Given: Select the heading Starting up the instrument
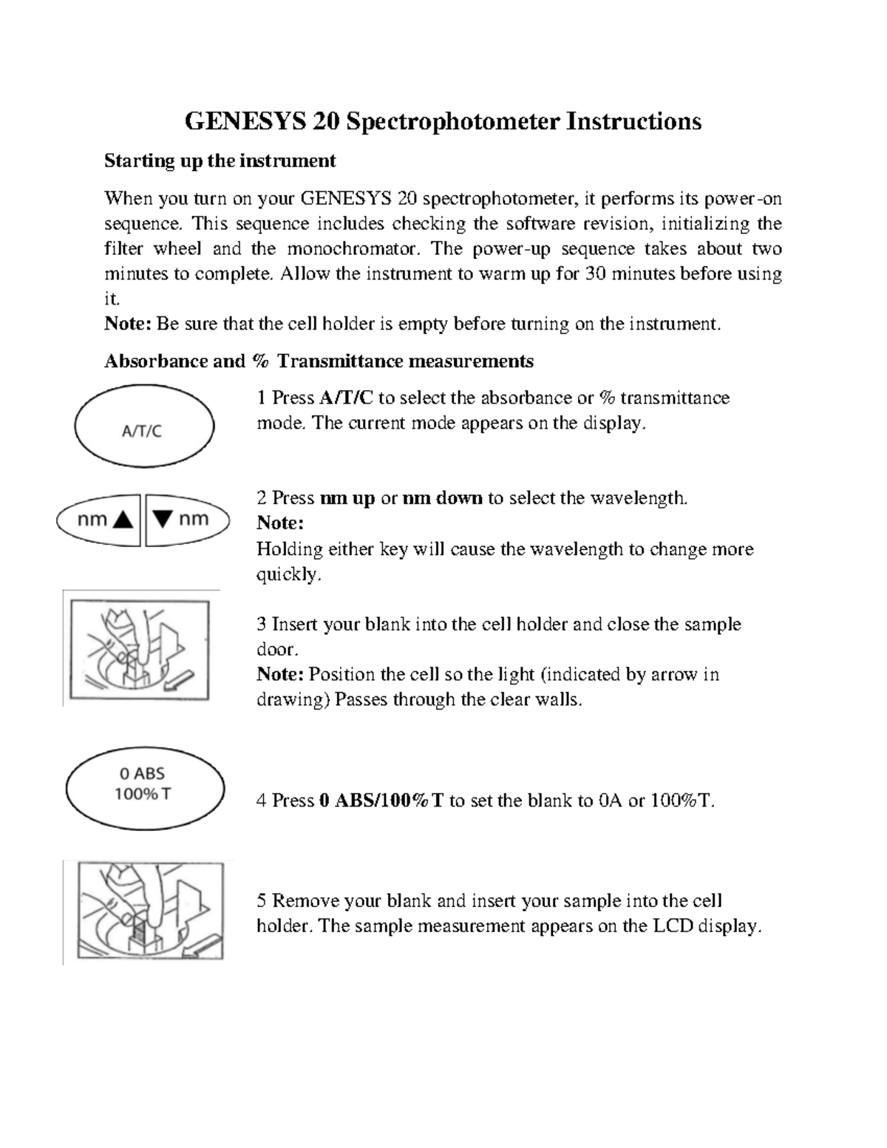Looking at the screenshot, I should click(x=220, y=160).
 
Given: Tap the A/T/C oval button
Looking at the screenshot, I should click(x=144, y=429).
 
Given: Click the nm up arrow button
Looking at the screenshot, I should click(x=99, y=520).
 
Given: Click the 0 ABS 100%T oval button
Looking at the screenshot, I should click(x=145, y=784).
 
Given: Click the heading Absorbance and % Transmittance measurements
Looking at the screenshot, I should click(x=319, y=361).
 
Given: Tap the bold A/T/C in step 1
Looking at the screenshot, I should click(x=346, y=398).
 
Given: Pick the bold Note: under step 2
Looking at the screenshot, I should click(x=280, y=523).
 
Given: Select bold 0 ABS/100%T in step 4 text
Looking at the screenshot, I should click(x=381, y=801).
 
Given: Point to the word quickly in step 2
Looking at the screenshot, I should click(x=288, y=574).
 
